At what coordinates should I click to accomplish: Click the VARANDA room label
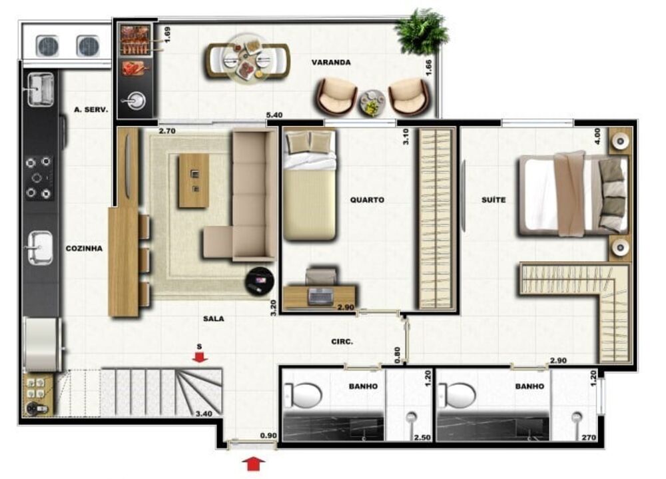click(331, 63)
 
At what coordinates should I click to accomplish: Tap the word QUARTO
click(367, 200)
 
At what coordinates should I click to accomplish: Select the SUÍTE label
click(494, 199)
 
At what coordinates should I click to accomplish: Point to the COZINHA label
click(84, 248)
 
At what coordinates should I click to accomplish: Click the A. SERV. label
click(91, 110)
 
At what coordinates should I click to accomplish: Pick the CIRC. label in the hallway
click(342, 341)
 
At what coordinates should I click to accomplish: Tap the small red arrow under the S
click(200, 357)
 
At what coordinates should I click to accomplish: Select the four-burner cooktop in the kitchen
click(38, 178)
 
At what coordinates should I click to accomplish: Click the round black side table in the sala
click(259, 281)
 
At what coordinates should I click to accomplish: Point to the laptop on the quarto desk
click(321, 296)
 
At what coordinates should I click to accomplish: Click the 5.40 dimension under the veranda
click(274, 115)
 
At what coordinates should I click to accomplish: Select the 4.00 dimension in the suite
click(597, 137)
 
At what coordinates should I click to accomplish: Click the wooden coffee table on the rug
click(194, 181)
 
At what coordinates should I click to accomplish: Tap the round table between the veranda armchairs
click(372, 103)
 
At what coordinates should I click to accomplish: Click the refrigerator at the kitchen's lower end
click(41, 344)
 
